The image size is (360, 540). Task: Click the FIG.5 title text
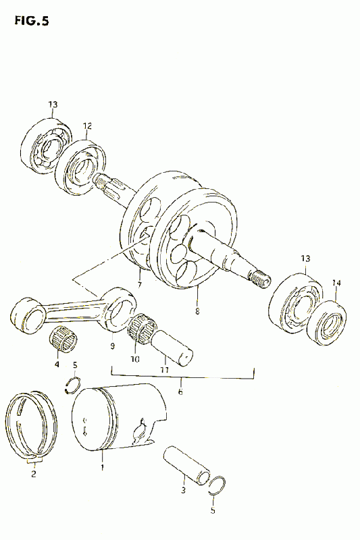32,22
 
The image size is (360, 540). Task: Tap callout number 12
87,126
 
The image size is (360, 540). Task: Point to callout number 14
336,283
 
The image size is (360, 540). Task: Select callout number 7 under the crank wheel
140,285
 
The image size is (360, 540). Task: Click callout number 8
197,311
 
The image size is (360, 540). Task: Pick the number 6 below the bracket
180,391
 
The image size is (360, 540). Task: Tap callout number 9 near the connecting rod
112,346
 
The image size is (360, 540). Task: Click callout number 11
164,370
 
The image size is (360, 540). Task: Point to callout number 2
33,474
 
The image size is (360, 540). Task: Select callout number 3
183,490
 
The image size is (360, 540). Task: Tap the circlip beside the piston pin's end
218,486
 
